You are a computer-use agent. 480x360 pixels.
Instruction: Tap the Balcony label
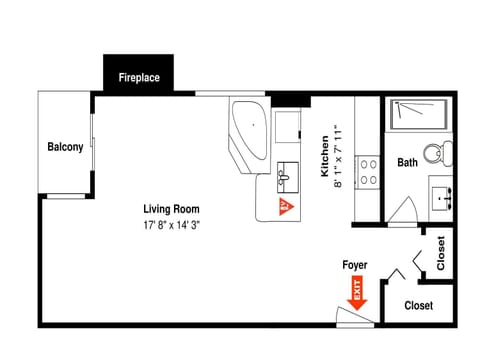pyautogui.click(x=65, y=148)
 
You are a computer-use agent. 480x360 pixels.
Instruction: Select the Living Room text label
pyautogui.click(x=171, y=209)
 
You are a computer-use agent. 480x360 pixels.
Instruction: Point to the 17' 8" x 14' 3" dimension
pyautogui.click(x=171, y=225)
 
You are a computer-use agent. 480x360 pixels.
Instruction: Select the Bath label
pyautogui.click(x=407, y=162)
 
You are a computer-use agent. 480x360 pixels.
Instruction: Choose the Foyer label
pyautogui.click(x=354, y=265)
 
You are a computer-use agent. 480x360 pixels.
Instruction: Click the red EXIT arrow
pyautogui.click(x=356, y=294)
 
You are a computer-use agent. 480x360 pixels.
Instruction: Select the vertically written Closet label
pyautogui.click(x=441, y=253)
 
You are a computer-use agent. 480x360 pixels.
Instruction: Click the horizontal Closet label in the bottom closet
pyautogui.click(x=418, y=305)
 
